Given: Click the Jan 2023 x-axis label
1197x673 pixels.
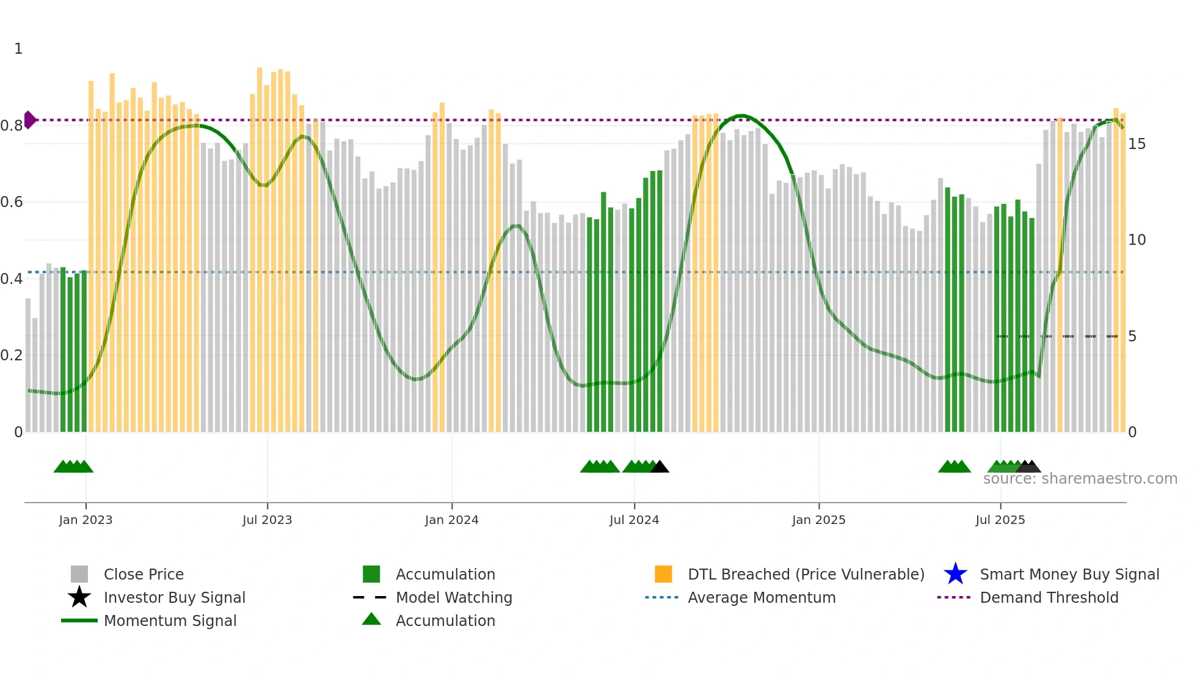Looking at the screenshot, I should (x=85, y=520).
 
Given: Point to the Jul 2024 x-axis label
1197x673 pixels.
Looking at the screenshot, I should (x=634, y=520).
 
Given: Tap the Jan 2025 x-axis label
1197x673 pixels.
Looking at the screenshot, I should (x=818, y=520).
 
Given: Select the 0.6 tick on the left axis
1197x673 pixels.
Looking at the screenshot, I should (x=12, y=202).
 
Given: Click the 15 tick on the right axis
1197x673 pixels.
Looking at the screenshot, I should (x=1137, y=144).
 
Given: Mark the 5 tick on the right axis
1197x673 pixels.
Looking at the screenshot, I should (x=1132, y=336).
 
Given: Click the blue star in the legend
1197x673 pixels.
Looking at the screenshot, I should (x=955, y=574).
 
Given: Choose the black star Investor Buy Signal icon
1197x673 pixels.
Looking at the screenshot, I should (x=79, y=597).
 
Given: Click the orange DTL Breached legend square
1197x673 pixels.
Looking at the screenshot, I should (x=663, y=574).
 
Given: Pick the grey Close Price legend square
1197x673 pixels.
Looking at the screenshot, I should (x=79, y=574).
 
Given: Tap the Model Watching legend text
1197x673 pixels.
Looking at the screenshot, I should (x=454, y=597).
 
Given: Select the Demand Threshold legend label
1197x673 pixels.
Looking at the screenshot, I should (x=1049, y=597).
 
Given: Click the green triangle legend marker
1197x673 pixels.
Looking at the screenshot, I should (x=371, y=619).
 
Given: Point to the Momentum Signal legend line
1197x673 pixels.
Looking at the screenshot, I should (x=79, y=620).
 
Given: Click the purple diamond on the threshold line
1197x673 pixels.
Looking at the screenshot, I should (x=30, y=120).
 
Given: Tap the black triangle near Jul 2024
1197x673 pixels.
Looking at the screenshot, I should (x=660, y=467).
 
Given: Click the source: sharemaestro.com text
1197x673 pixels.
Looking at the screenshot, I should (x=1080, y=479).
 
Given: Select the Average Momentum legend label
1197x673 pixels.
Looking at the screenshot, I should (x=762, y=597).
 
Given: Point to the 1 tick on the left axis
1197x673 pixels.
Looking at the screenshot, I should (x=18, y=49).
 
